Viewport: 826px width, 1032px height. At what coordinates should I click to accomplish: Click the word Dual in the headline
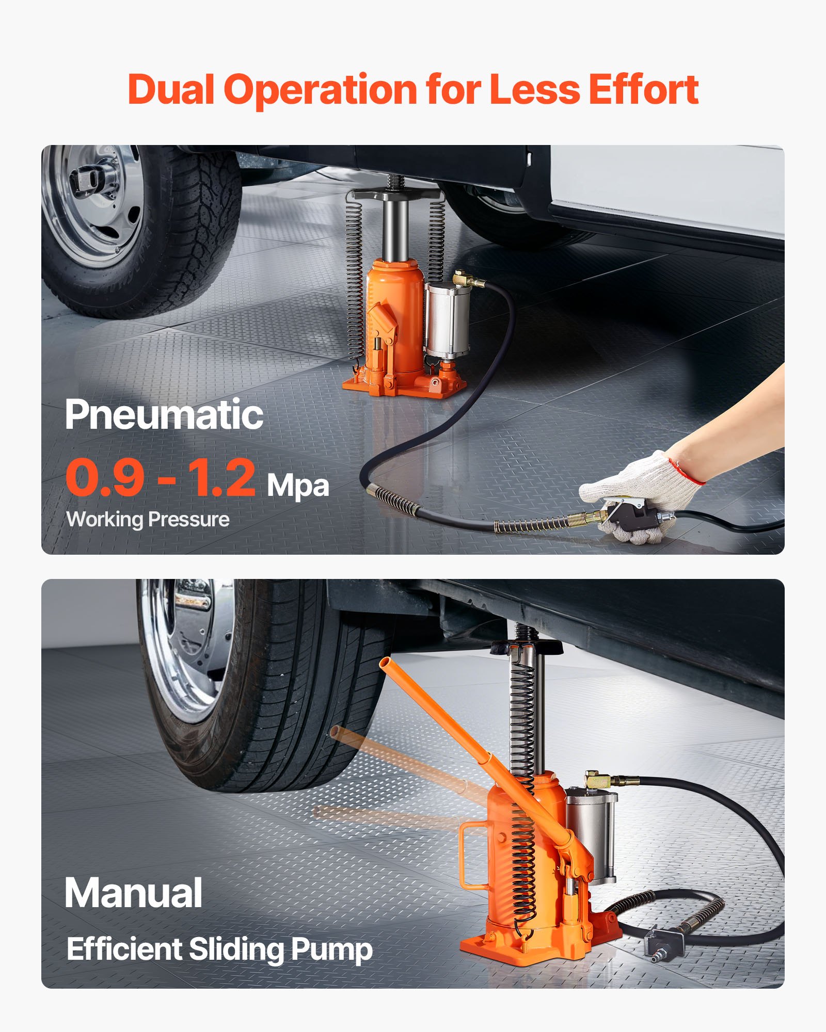click(170, 90)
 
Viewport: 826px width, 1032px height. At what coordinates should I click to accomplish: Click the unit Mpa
click(298, 486)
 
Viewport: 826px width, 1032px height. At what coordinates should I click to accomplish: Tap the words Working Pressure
click(148, 519)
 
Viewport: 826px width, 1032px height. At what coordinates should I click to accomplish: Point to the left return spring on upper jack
click(354, 281)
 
